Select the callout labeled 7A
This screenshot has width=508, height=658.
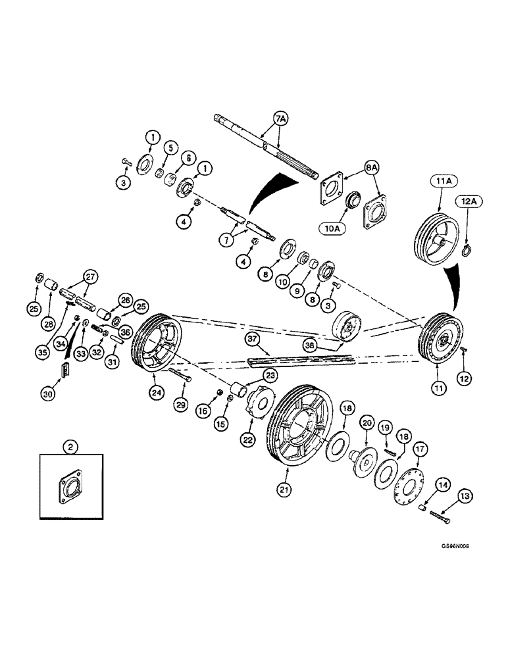[x=280, y=119]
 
